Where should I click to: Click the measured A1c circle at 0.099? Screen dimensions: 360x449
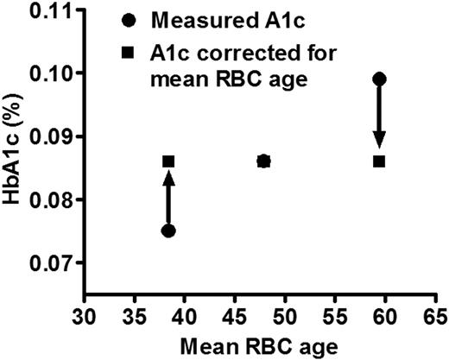coord(378,79)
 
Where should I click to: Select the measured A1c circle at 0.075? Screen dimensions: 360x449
coord(168,231)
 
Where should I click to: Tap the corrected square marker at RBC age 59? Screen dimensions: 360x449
coord(378,161)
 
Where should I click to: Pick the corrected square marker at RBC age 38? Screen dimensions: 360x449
coord(168,161)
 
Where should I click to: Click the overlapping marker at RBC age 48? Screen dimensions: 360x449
coord(264,161)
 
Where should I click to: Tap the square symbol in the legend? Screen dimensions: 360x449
coord(129,53)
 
